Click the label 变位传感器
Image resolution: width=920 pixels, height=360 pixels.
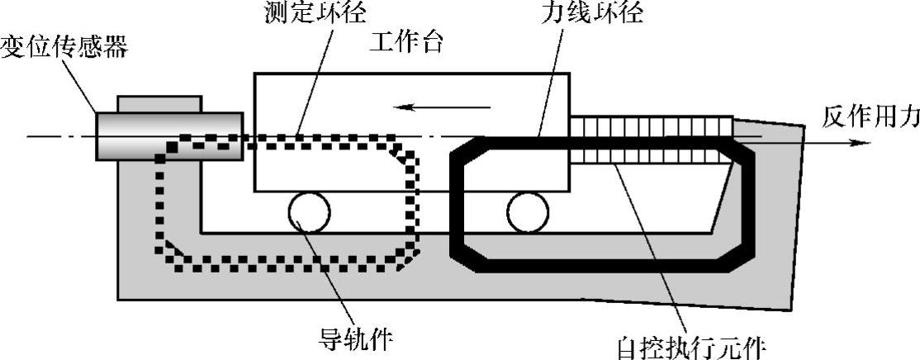click(64, 46)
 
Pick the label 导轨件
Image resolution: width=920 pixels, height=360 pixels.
click(356, 338)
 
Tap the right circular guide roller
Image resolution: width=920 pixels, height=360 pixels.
click(529, 212)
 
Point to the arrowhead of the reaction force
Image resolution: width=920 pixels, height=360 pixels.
click(863, 141)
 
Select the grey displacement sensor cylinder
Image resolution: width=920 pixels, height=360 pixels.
click(169, 135)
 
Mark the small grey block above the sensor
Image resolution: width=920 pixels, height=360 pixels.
click(159, 104)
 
